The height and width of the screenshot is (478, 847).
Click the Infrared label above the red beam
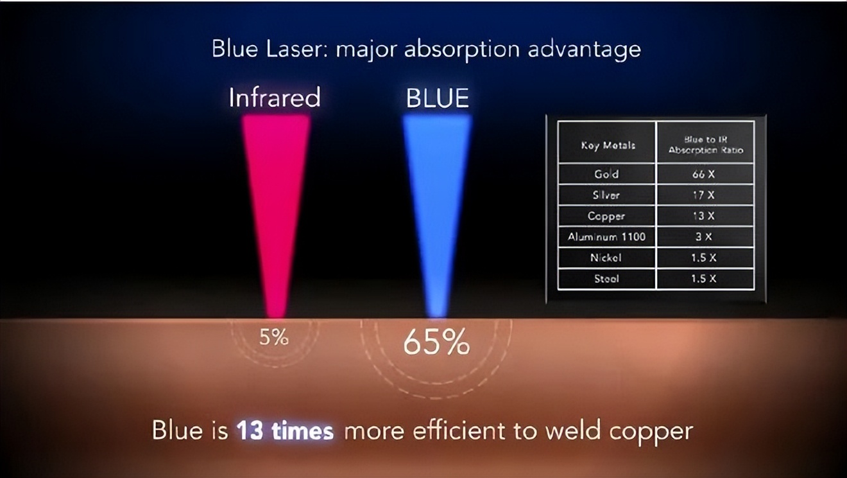click(x=275, y=98)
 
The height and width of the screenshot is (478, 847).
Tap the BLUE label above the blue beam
click(x=438, y=98)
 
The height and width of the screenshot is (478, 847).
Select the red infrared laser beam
click(x=276, y=193)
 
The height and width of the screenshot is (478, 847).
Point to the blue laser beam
click(x=437, y=193)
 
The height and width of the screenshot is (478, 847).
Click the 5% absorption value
click(x=274, y=337)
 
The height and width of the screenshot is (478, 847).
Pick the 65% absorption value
click(x=436, y=343)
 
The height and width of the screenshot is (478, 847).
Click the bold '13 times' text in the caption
click(x=285, y=430)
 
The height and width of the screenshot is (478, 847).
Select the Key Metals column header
click(x=608, y=145)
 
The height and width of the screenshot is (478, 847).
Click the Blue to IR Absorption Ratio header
click(x=705, y=145)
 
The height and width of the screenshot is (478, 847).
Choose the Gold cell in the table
click(x=607, y=174)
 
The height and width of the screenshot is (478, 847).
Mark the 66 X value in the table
click(x=704, y=174)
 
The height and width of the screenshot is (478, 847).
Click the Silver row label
click(x=607, y=195)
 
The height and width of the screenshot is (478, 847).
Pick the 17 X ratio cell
click(x=704, y=195)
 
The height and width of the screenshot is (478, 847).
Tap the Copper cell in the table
click(x=607, y=216)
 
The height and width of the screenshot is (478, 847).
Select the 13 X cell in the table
click(x=704, y=216)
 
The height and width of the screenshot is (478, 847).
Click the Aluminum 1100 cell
click(x=607, y=237)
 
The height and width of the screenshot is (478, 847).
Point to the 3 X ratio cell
click(x=704, y=237)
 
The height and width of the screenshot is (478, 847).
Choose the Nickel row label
click(x=607, y=258)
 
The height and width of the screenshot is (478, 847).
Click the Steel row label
click(x=607, y=279)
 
